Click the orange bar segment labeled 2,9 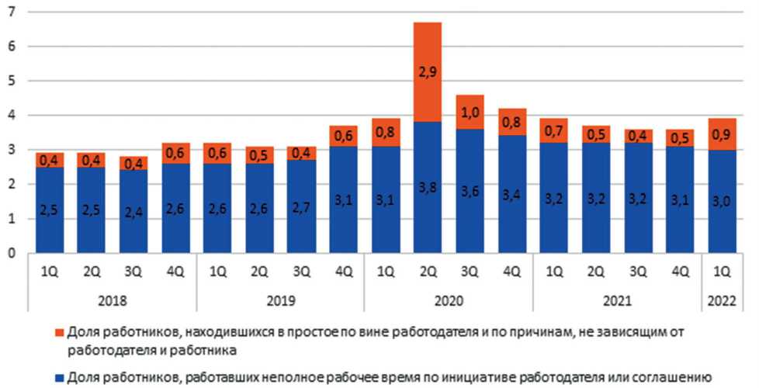tap(428, 72)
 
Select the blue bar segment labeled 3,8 tap(428, 187)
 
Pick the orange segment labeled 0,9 tap(722, 135)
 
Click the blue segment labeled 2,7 tap(303, 206)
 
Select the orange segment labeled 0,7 tap(553, 130)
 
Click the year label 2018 tap(114, 300)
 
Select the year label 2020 tap(449, 300)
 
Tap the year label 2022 tap(722, 300)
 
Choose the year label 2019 tap(281, 300)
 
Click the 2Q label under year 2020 tap(428, 272)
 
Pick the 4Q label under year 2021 tap(680, 272)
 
